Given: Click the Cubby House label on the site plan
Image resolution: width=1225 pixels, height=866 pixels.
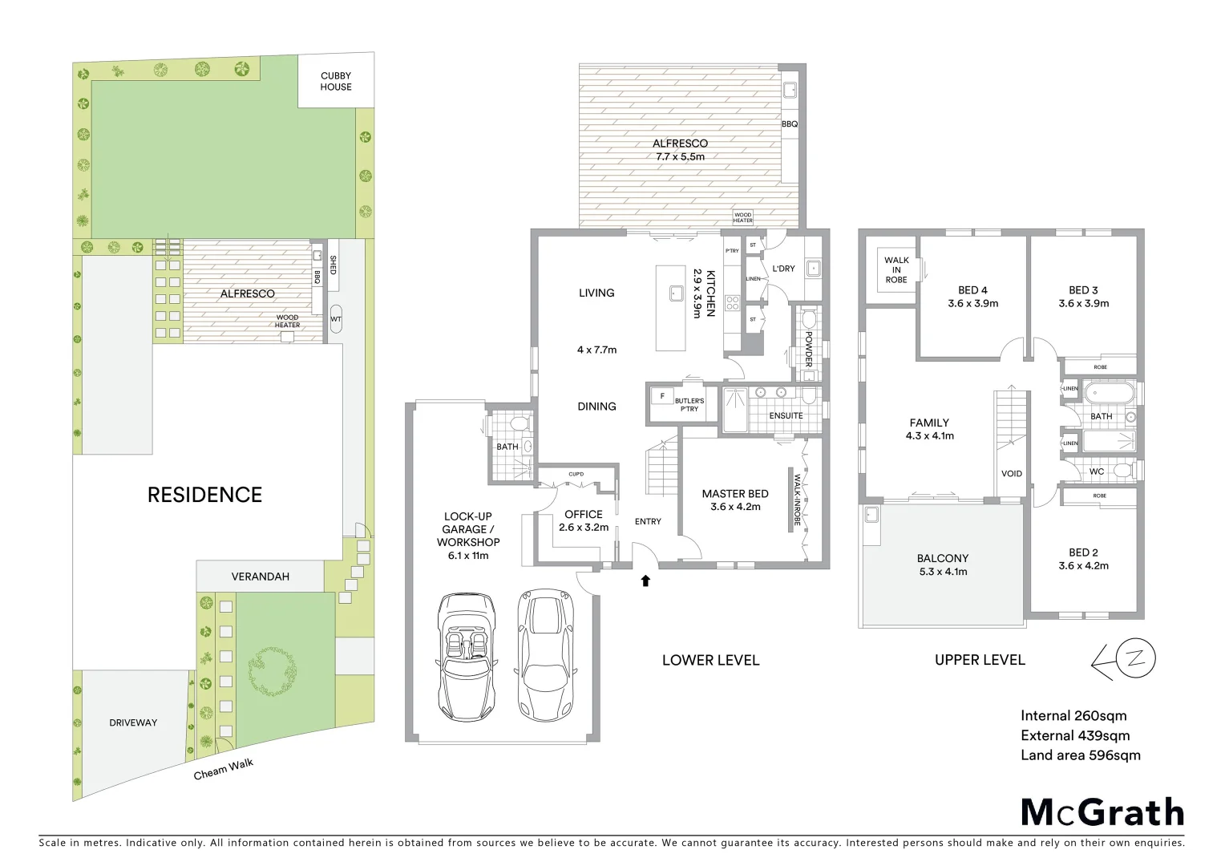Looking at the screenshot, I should tap(335, 81).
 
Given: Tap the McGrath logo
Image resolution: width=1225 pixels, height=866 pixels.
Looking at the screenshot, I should tap(1102, 812).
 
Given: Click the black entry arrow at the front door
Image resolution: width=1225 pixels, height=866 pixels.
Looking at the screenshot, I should tap(645, 581).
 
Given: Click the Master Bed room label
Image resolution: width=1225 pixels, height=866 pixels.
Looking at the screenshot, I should tap(735, 494).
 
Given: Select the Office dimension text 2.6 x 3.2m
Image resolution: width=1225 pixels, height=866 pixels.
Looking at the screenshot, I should tap(584, 528).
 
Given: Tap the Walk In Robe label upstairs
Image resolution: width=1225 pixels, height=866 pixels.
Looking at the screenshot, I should tap(896, 269).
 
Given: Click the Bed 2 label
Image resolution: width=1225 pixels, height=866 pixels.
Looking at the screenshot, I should tap(1083, 552).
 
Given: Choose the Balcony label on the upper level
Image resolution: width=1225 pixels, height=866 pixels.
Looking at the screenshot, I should tap(943, 558).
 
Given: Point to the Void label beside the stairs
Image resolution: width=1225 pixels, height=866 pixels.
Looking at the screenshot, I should tap(1012, 473).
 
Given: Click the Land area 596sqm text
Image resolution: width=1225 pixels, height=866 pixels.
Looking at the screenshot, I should tap(1080, 755).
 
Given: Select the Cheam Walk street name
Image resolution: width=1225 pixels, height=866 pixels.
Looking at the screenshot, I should tap(224, 769).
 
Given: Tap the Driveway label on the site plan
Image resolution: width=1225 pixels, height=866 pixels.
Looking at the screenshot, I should tap(133, 722).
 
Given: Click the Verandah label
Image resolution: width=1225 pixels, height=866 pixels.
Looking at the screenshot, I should tap(260, 577).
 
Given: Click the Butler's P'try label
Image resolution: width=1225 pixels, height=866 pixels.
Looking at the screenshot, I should tap(689, 405).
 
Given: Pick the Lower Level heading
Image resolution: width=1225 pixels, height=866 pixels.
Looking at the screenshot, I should tap(710, 660).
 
